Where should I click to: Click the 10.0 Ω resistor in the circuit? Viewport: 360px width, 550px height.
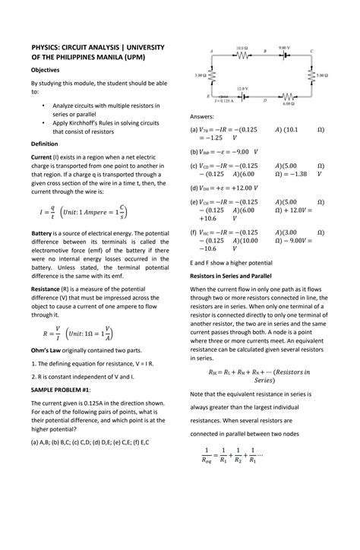(242, 55)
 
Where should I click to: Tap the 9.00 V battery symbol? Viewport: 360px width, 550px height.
(284, 55)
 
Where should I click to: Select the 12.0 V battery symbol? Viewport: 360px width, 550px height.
(242, 95)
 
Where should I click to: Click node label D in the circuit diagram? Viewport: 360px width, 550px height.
(264, 100)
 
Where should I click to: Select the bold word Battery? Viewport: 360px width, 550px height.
(46, 232)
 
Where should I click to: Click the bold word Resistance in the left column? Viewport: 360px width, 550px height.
(50, 289)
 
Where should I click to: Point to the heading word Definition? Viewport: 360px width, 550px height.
(47, 143)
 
